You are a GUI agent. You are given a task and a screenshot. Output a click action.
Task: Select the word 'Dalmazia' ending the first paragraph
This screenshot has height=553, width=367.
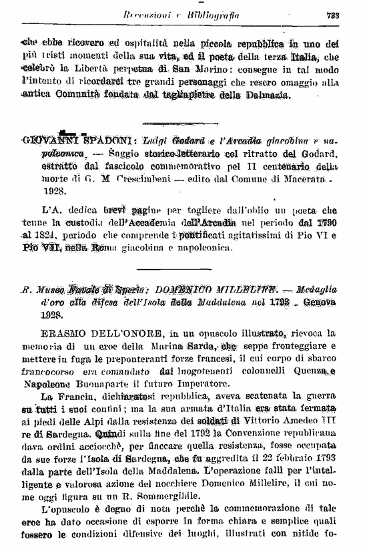(x=264, y=96)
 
